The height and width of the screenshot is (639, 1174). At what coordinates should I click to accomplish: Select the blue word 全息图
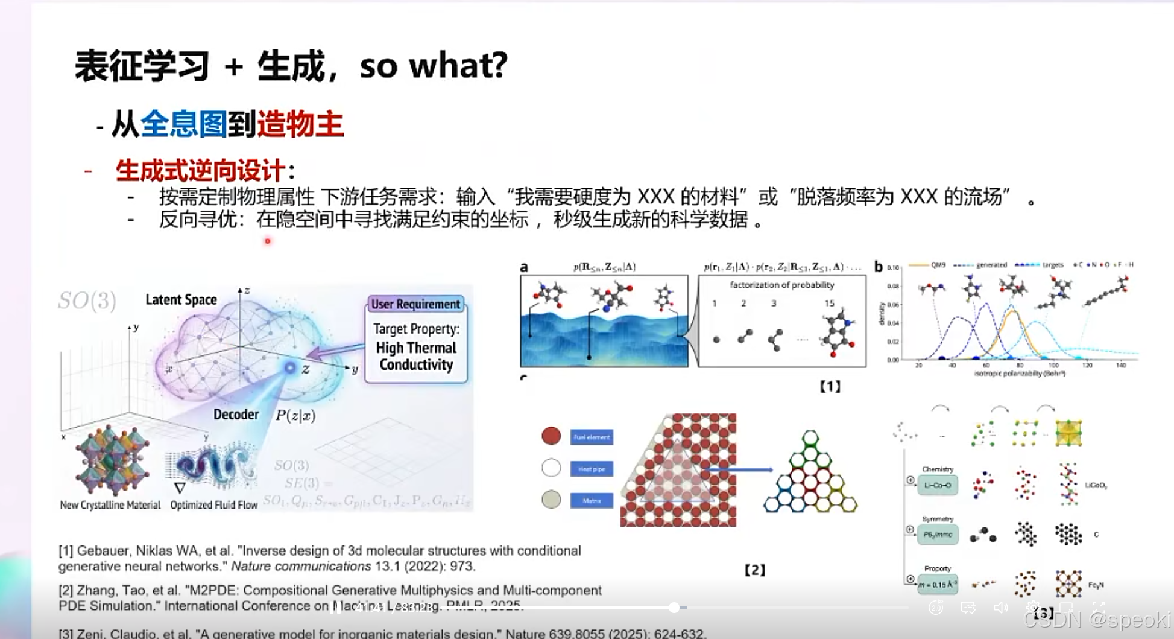coord(184,125)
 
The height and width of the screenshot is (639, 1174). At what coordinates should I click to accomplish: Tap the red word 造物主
coord(300,125)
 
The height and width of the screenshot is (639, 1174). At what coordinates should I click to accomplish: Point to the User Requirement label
coord(415,304)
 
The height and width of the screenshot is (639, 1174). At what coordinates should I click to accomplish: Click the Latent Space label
coord(181,300)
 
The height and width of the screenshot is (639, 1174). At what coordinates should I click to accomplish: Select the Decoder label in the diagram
coord(236,415)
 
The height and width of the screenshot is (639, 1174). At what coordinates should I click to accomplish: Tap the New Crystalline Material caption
coord(110,505)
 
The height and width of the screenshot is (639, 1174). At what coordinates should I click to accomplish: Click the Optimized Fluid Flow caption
coord(214,505)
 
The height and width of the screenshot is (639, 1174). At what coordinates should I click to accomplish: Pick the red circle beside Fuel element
coord(551,436)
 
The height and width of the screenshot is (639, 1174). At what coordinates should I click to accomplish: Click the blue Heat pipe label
coord(592,469)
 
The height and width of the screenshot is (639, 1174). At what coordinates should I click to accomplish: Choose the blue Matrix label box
coord(592,500)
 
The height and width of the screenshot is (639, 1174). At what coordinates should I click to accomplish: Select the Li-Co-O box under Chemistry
coord(938,485)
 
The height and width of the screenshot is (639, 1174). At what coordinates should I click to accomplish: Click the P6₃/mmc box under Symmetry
coord(938,535)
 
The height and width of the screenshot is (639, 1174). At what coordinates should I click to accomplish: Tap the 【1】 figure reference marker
coord(830,387)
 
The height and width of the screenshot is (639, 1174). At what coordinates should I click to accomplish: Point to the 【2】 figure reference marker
coord(754,570)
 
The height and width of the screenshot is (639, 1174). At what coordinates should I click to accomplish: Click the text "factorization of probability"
coord(781,285)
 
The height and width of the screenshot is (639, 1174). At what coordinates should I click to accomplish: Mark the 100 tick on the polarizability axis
coord(1053,366)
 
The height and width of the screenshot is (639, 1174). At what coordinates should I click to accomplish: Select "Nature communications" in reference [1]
coord(301,567)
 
